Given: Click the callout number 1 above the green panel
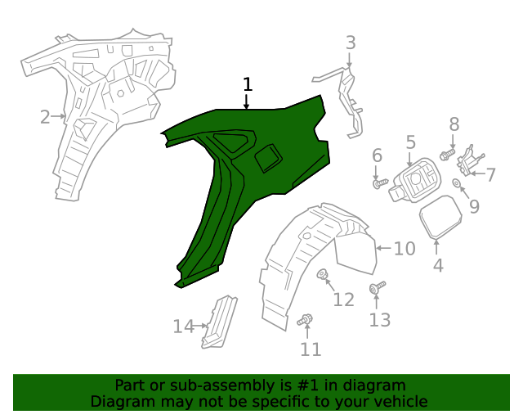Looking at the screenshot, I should [247, 84].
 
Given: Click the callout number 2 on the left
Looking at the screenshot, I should [45, 117].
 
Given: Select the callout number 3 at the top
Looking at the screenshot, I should [350, 43].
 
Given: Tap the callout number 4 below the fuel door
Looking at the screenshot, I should [438, 265].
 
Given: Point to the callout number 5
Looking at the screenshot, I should [410, 142].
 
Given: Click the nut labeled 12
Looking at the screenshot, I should [323, 274].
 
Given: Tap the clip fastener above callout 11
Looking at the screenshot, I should [307, 320].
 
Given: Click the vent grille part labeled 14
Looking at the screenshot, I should [219, 321].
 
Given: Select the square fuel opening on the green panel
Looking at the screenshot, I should [268, 158].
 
